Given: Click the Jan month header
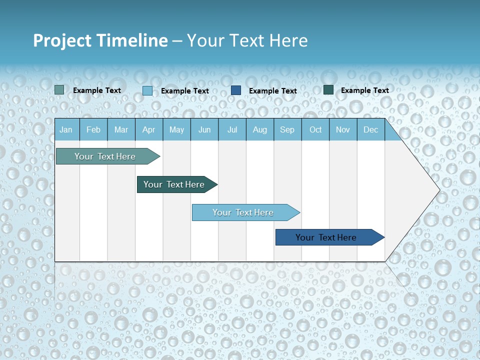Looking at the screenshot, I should tap(66, 129).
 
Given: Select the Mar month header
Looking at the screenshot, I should tap(121, 129).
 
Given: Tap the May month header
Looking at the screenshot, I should tap(176, 129).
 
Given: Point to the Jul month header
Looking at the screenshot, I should tap(232, 129).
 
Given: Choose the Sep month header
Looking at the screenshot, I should tap(287, 129).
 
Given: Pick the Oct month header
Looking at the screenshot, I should tap(315, 129).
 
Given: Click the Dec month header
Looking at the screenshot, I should tap(370, 129).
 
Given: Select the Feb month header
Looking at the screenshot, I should tap(93, 129).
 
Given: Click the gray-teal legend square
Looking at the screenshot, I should tap(59, 90).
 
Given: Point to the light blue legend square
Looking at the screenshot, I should tap(147, 90).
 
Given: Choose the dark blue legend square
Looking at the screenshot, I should tap(236, 90).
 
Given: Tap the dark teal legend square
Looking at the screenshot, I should tap(328, 90).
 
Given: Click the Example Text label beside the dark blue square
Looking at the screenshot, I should tap(273, 91).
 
